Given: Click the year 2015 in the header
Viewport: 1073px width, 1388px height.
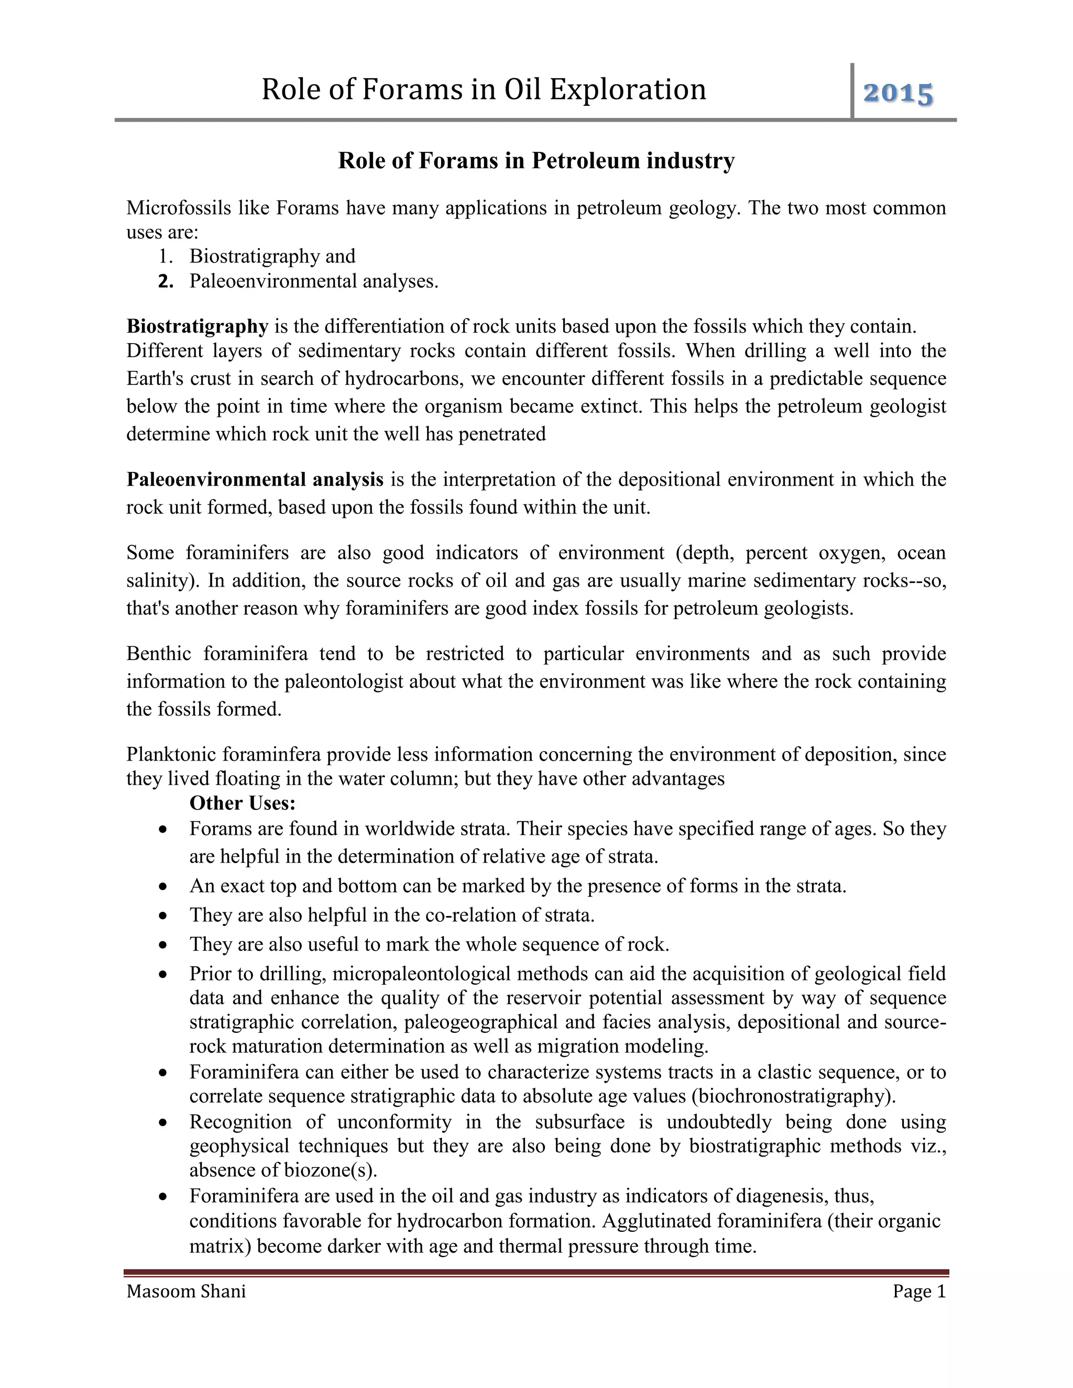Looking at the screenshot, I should (898, 93).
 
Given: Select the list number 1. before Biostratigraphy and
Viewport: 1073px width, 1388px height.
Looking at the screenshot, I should (166, 256).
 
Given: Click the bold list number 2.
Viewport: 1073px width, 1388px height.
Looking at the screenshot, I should (166, 281).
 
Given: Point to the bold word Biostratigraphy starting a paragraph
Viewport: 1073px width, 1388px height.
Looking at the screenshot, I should (197, 326).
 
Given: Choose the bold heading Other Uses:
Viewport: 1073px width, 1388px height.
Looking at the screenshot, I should (243, 803).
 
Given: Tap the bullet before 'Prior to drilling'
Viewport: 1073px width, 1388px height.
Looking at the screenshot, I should (164, 974).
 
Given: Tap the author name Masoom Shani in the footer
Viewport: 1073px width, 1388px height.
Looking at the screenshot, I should (185, 1292).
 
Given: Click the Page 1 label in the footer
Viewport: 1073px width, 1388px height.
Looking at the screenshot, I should (919, 1292).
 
